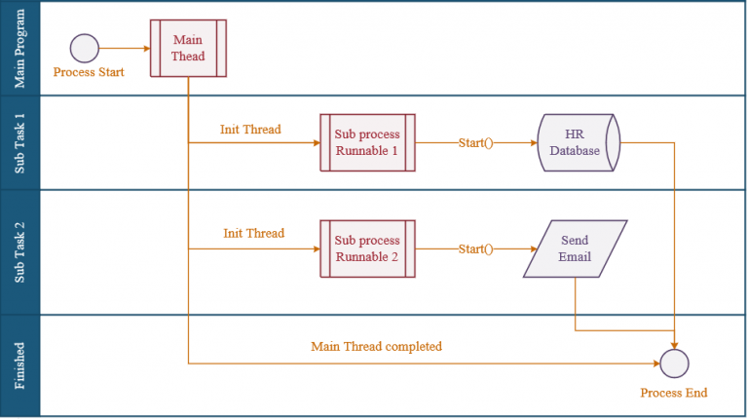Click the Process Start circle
(x=85, y=48)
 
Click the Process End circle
(x=674, y=363)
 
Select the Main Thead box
(x=188, y=48)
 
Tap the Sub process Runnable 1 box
(x=367, y=142)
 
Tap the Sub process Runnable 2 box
(x=367, y=248)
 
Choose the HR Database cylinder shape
(x=579, y=142)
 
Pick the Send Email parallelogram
(x=575, y=248)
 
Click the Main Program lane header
(x=19, y=48)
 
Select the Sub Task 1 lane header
(x=19, y=142)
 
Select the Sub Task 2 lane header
(x=19, y=251)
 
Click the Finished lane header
(x=19, y=365)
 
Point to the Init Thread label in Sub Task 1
(x=250, y=129)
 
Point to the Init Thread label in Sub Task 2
(x=253, y=233)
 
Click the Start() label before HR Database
(x=475, y=142)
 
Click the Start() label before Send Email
(x=475, y=248)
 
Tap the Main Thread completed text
(x=376, y=346)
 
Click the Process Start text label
(x=89, y=72)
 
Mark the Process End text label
(x=673, y=393)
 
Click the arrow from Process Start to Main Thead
(x=124, y=48)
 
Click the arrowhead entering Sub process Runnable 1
(x=315, y=142)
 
